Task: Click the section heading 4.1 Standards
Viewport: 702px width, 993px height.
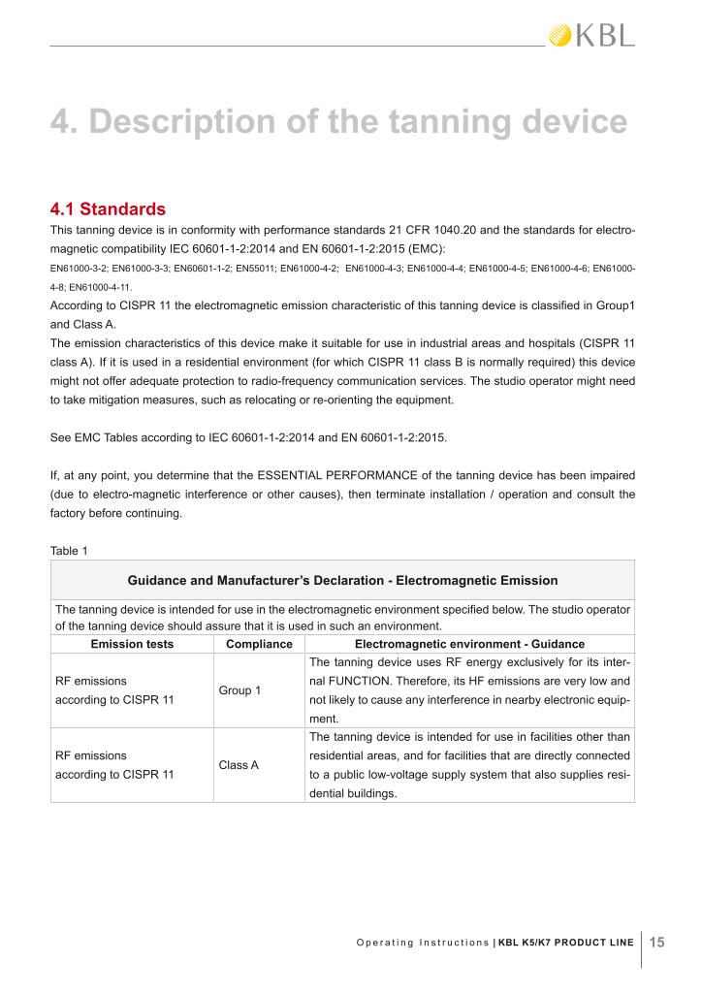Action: pos(108,208)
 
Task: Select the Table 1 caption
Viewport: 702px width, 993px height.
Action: pos(69,551)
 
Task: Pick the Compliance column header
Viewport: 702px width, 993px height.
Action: pos(259,643)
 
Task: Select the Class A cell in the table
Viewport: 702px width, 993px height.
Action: pos(239,765)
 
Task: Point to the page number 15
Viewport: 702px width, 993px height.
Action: pos(655,941)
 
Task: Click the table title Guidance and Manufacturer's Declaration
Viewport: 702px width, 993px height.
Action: pos(342,580)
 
